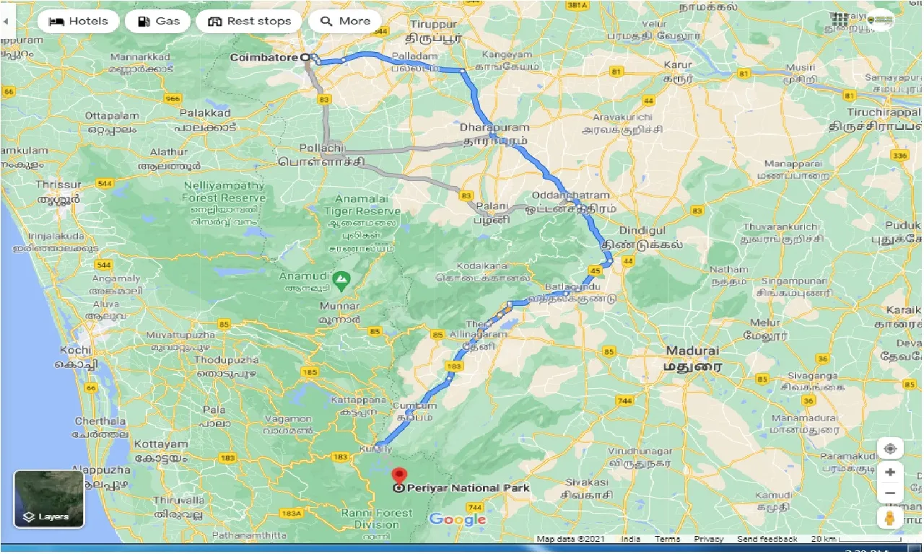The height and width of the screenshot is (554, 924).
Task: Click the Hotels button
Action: point(78,21)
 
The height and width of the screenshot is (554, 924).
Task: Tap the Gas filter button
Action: point(158,21)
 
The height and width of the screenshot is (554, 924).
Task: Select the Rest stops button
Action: point(250,21)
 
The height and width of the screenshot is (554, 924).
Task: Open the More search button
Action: point(345,21)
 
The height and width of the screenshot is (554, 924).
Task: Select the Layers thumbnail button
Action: point(49,499)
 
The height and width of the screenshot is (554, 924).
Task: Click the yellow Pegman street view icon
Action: point(890,517)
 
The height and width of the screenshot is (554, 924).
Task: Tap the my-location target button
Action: point(890,449)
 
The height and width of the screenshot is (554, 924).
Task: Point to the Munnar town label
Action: point(339,307)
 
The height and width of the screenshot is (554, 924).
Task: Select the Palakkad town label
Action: point(206,113)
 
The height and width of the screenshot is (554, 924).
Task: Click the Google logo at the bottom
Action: point(458,519)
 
